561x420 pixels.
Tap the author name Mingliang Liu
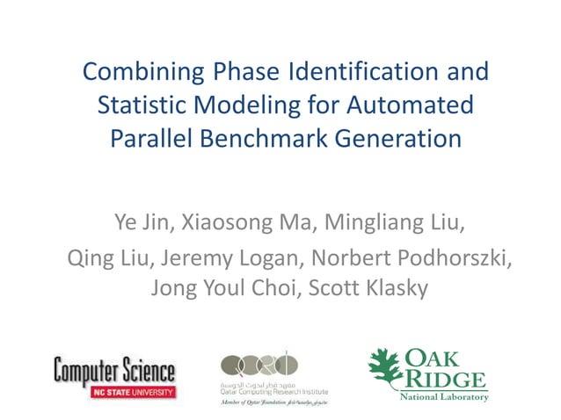pos(392,221)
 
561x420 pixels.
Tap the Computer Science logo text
pos(114,371)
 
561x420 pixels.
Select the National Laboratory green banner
pos(444,397)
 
